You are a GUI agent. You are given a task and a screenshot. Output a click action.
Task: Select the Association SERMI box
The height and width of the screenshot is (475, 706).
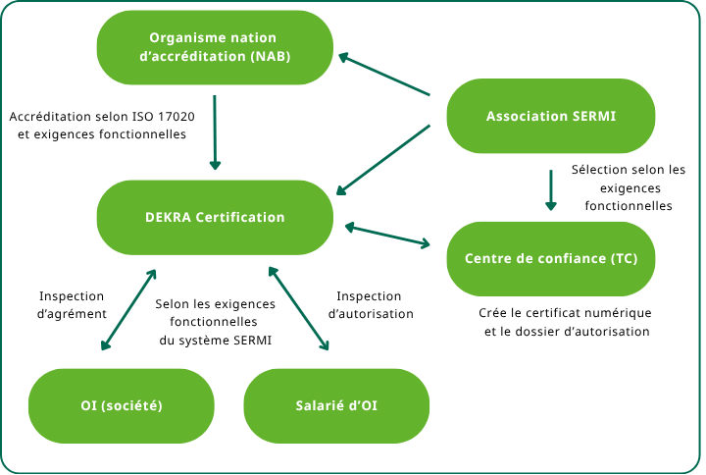tap(550, 116)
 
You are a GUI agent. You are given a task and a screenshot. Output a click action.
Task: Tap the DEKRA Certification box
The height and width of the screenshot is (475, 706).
tap(215, 217)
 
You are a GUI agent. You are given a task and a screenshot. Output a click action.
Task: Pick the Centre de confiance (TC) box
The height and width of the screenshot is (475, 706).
tap(550, 259)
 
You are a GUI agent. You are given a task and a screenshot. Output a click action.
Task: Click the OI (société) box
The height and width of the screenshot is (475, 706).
tap(122, 405)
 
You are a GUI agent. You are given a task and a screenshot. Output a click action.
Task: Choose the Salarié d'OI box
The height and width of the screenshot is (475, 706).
tap(336, 405)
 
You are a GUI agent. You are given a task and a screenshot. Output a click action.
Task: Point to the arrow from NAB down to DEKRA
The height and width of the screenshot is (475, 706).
tap(216, 132)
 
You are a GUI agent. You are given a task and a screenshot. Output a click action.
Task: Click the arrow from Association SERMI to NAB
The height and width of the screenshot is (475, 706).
tap(384, 75)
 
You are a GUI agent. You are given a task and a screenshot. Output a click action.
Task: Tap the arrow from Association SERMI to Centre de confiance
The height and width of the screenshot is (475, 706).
tap(550, 189)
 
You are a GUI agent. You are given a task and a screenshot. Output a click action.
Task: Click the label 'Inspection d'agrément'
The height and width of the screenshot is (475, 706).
tap(72, 304)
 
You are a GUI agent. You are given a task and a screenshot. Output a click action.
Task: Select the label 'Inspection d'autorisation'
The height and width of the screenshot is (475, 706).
tap(370, 304)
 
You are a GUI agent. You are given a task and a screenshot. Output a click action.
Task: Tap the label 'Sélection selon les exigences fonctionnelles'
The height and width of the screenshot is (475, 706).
tap(629, 187)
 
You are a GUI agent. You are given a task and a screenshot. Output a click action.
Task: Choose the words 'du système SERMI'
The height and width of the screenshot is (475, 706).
tap(215, 340)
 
